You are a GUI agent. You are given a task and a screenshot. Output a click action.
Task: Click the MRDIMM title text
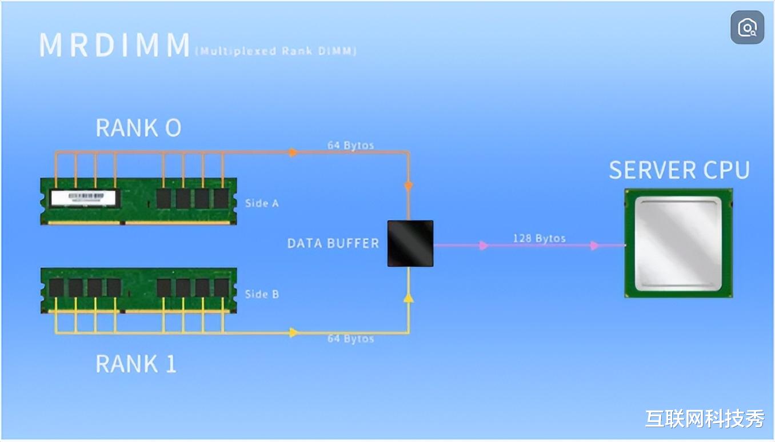click(x=114, y=45)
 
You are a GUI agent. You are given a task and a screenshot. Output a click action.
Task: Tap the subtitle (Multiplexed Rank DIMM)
click(x=276, y=51)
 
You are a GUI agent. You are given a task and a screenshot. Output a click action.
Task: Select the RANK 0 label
click(x=138, y=127)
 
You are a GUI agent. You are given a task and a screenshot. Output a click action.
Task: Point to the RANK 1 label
click(x=136, y=364)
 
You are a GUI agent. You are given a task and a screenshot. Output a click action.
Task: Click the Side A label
click(x=262, y=203)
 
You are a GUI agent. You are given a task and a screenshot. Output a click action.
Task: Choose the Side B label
click(x=262, y=294)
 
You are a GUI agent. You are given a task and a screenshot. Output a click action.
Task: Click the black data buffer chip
click(x=410, y=243)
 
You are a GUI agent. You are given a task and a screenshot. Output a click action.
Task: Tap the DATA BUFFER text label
click(x=333, y=243)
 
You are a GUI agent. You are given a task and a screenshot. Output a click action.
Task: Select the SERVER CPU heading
click(x=679, y=170)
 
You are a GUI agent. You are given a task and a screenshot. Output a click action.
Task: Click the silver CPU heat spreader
click(x=678, y=244)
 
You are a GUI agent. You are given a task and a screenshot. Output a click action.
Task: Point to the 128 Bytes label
click(x=539, y=238)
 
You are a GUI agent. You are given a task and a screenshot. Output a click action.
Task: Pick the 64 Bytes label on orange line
click(x=350, y=146)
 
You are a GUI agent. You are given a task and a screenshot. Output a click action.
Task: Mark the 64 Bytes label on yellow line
click(x=350, y=339)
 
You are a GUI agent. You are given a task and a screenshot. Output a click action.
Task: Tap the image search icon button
click(x=747, y=27)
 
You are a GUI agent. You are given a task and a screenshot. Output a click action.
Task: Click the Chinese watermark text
click(x=705, y=419)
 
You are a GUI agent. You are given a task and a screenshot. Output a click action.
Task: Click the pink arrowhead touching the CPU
click(x=594, y=246)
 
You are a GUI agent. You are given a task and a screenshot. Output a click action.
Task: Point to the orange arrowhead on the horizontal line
click(x=293, y=152)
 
